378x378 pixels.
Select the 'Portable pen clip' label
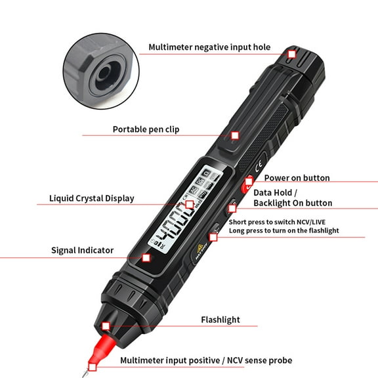click(146, 129)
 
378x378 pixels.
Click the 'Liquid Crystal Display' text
click(91, 198)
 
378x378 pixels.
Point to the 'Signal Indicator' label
click(83, 250)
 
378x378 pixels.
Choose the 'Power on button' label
click(297, 178)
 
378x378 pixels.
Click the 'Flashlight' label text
click(220, 320)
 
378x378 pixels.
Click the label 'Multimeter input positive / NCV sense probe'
click(206, 360)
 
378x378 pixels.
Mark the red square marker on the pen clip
click(235, 135)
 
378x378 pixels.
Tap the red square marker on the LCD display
click(190, 205)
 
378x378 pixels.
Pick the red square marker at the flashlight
click(106, 326)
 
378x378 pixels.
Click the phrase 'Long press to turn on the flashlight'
click(283, 230)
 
